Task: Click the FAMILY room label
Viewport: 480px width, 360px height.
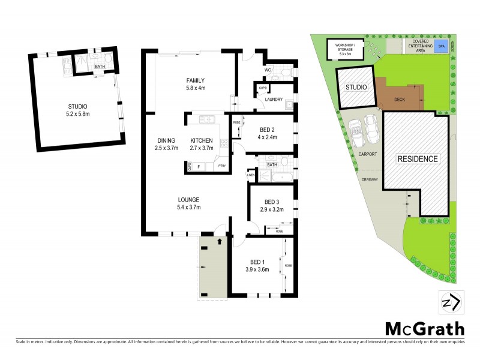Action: pos(195,80)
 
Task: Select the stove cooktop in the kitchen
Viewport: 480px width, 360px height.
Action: pos(224,143)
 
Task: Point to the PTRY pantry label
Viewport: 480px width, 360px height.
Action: pos(221,166)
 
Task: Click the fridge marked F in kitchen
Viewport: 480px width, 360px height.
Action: pos(199,166)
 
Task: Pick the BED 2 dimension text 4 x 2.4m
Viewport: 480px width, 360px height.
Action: pos(268,137)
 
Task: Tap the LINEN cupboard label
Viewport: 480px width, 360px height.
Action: pos(250,175)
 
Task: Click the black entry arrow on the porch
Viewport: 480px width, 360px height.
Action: pos(220,241)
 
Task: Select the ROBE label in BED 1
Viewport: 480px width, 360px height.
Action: pos(288,265)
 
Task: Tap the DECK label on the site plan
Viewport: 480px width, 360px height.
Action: pos(400,100)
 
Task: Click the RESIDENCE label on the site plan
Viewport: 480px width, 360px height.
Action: pos(418,159)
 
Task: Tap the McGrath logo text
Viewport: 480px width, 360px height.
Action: pos(424,329)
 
